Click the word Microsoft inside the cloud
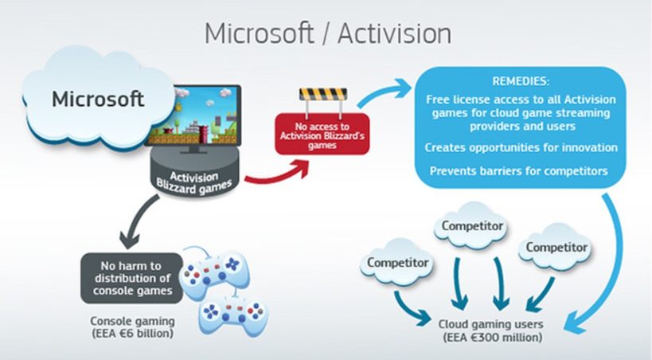[98, 99]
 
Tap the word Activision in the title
[394, 33]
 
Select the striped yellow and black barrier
[323, 95]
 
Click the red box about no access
[322, 134]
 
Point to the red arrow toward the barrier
[278, 174]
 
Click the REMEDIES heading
[521, 81]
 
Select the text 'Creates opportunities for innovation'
[521, 148]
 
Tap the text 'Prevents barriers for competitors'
[519, 171]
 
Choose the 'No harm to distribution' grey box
[132, 278]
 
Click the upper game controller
[215, 273]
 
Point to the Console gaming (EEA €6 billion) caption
[133, 327]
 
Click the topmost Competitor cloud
[472, 226]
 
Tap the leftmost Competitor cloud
[397, 262]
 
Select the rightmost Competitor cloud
[556, 247]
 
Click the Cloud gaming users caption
[491, 331]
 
